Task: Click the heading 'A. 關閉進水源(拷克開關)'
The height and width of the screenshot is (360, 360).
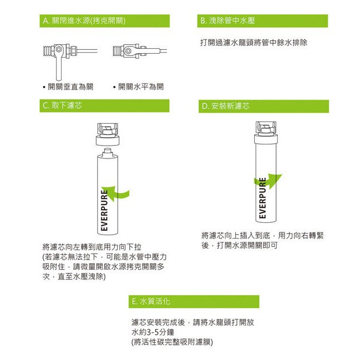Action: click(84, 21)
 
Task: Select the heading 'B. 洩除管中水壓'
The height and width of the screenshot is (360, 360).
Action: click(227, 21)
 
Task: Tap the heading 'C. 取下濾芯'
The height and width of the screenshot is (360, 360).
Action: click(62, 106)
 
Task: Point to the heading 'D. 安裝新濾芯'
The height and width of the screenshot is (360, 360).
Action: click(226, 106)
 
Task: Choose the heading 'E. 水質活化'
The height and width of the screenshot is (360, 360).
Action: click(151, 301)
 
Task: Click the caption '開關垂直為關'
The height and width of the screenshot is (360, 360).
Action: click(71, 87)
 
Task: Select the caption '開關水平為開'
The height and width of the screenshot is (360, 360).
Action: click(141, 87)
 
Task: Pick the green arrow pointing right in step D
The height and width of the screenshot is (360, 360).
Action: click(268, 180)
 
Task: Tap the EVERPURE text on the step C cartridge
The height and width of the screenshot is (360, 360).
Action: click(104, 210)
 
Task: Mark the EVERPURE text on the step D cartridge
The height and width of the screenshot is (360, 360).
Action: click(262, 198)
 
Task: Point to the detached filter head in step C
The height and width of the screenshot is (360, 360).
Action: click(107, 134)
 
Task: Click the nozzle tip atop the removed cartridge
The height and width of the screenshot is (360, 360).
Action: click(107, 151)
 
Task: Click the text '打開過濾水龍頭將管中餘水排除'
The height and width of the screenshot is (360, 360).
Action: click(254, 43)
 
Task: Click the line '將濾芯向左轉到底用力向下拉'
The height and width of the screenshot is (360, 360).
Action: click(92, 247)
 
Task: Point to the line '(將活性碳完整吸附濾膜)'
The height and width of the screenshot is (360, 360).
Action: click(172, 342)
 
